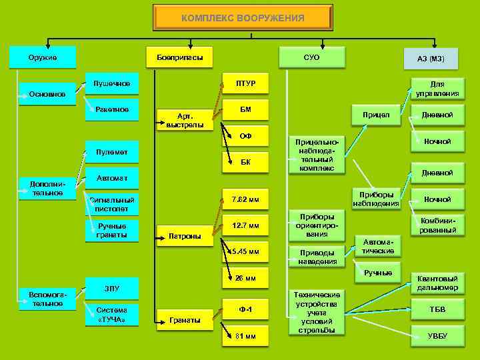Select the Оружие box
42,57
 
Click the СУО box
311,57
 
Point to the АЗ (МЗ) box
431,59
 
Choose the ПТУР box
245,83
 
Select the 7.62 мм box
245,199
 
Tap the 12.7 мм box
245,227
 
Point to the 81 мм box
245,336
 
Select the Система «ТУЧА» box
112,315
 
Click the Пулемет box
112,154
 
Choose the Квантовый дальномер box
437,283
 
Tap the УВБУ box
437,335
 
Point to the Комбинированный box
437,225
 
